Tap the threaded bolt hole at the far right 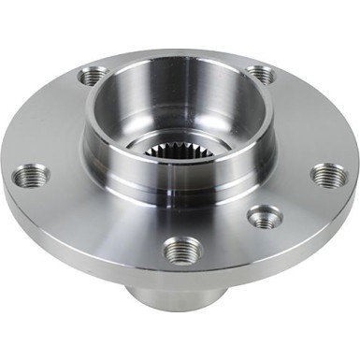[328, 175]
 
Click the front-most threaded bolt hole [179, 250]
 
